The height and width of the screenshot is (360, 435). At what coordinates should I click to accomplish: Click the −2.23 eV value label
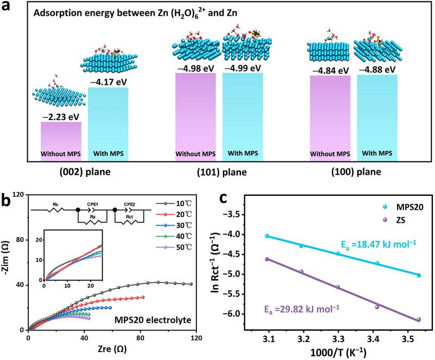tap(60, 115)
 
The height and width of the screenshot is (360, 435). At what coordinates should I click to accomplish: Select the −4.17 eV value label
tap(108, 80)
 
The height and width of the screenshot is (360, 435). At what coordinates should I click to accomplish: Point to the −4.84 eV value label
tap(330, 71)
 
